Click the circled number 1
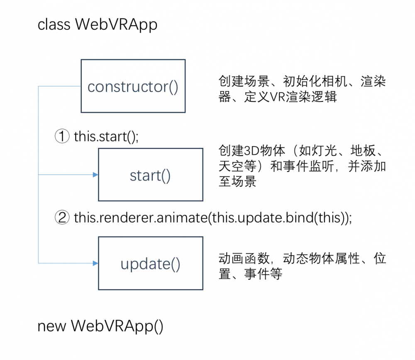tap(62, 136)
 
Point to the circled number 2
tap(62, 217)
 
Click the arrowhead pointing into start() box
tap(95, 174)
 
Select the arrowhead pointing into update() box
tap(95, 263)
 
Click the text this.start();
tap(106, 137)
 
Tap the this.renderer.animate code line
tap(213, 218)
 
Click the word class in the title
tap(54, 24)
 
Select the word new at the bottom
tap(51, 326)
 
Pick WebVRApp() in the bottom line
tap(117, 326)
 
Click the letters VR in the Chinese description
tap(277, 97)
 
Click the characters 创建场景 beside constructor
tap(244, 81)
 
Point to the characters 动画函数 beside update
tap(244, 259)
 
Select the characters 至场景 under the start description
tap(237, 181)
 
